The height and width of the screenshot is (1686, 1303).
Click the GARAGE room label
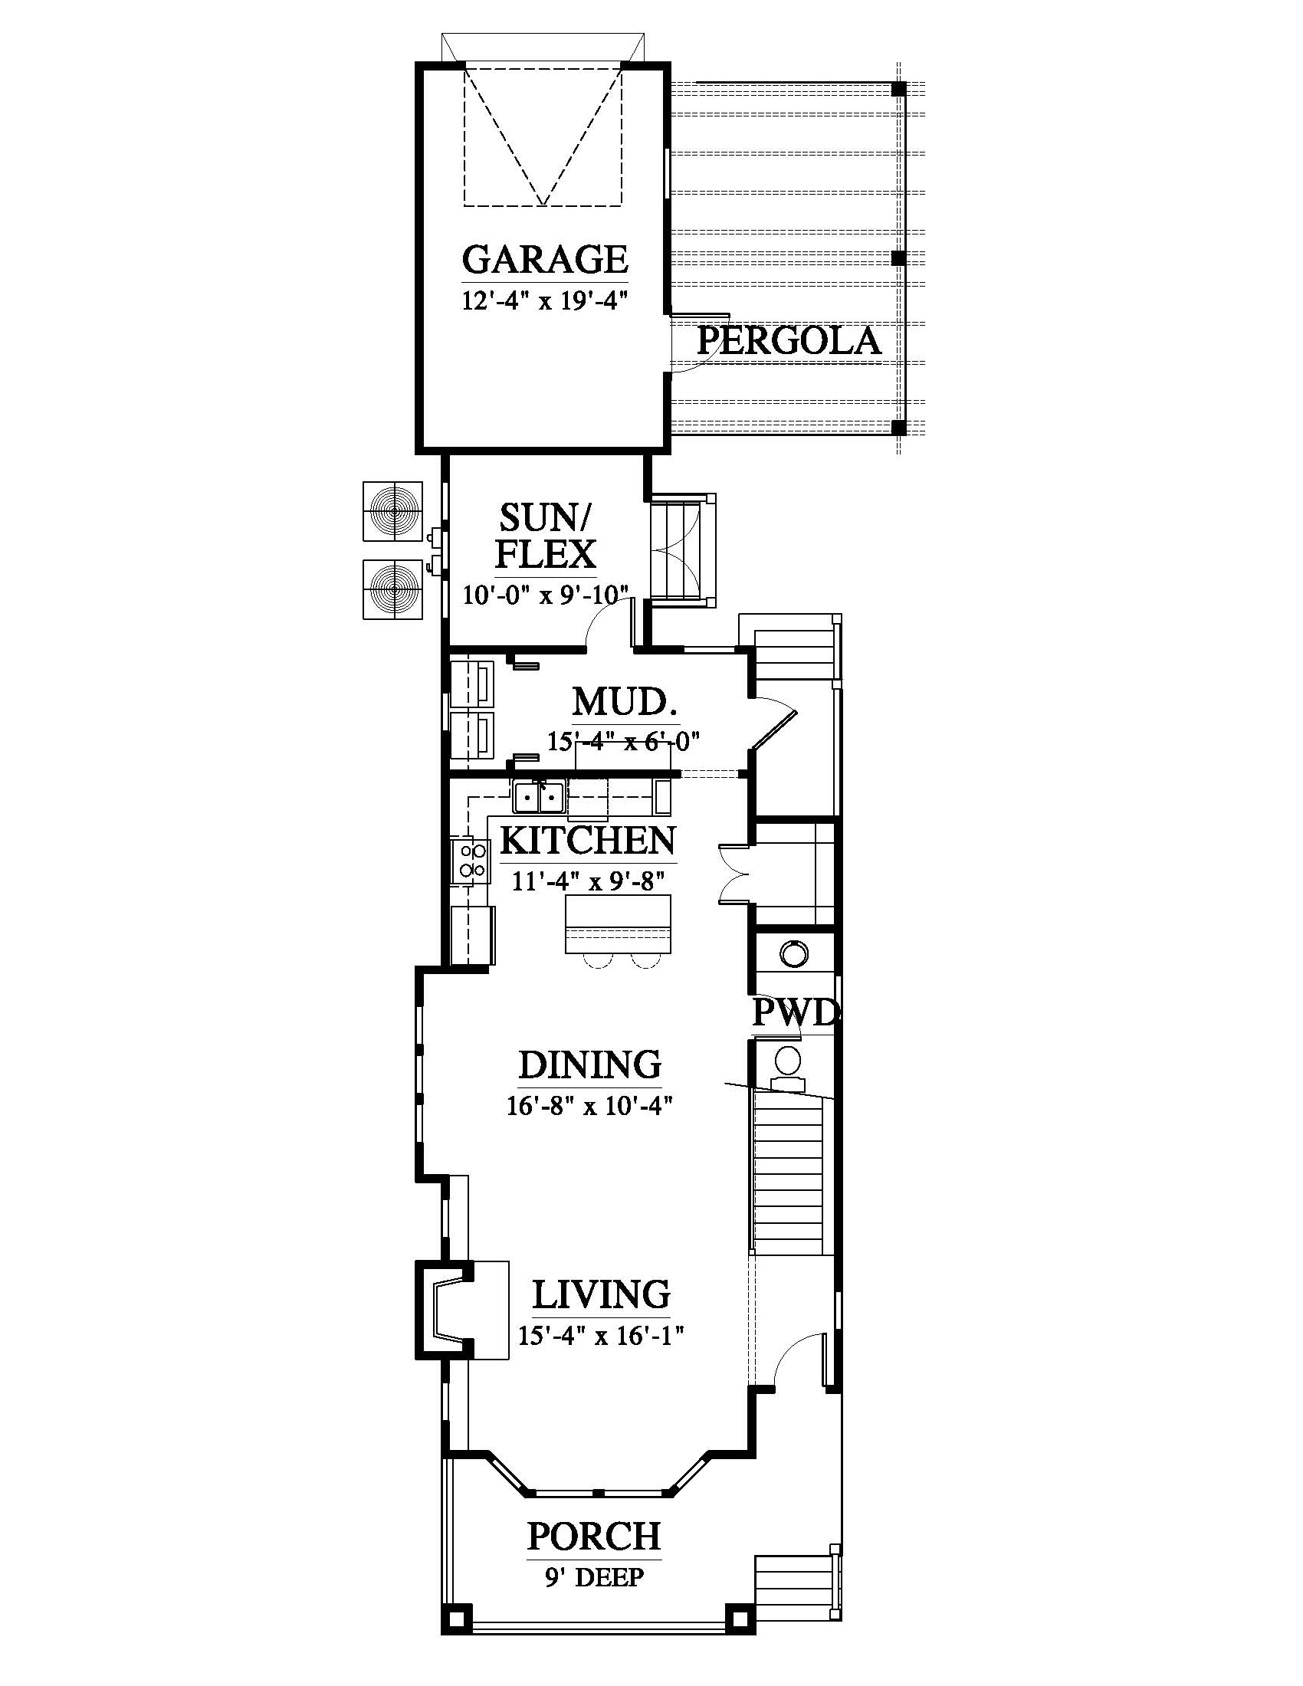click(545, 259)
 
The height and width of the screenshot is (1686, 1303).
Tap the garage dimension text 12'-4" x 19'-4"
click(543, 300)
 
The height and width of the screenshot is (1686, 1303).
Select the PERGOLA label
click(789, 341)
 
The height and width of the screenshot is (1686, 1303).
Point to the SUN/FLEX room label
click(546, 536)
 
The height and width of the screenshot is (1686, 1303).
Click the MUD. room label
click(625, 704)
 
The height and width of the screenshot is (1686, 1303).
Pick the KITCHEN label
click(589, 841)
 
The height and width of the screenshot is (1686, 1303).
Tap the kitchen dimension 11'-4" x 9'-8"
click(588, 880)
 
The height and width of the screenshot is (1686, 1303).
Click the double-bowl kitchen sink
click(539, 797)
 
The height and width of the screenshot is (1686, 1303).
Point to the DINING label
click(589, 1065)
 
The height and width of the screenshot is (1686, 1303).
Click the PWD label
click(794, 1013)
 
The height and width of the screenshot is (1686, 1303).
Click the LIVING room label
click(601, 1294)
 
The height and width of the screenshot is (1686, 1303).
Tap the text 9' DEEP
click(594, 1576)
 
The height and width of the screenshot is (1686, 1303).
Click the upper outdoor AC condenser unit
click(392, 511)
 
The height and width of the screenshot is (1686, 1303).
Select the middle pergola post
click(898, 258)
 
